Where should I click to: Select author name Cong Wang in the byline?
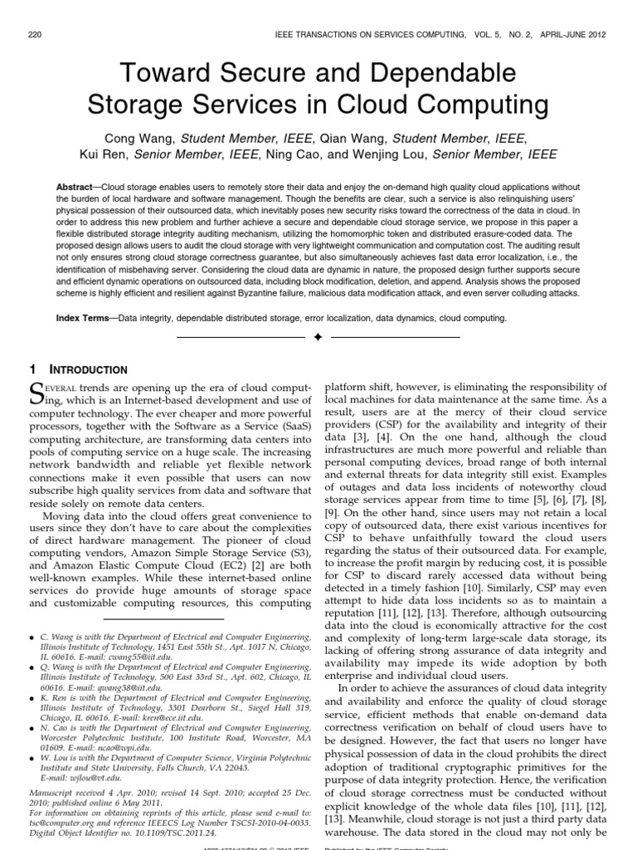pos(138,138)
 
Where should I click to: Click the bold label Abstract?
pos(77,188)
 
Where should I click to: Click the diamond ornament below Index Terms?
pos(318,338)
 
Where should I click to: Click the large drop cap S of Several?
pos(37,393)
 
